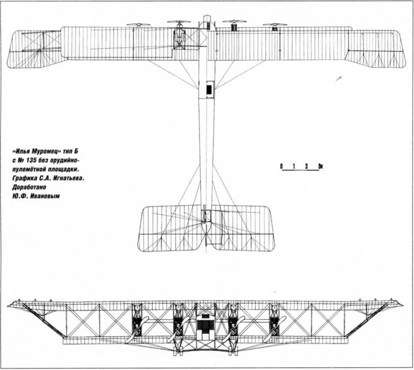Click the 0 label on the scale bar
(282, 167)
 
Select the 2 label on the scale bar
(308, 167)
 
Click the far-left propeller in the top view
(137, 24)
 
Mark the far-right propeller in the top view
(275, 24)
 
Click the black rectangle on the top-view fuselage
(210, 90)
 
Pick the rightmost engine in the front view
(273, 321)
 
